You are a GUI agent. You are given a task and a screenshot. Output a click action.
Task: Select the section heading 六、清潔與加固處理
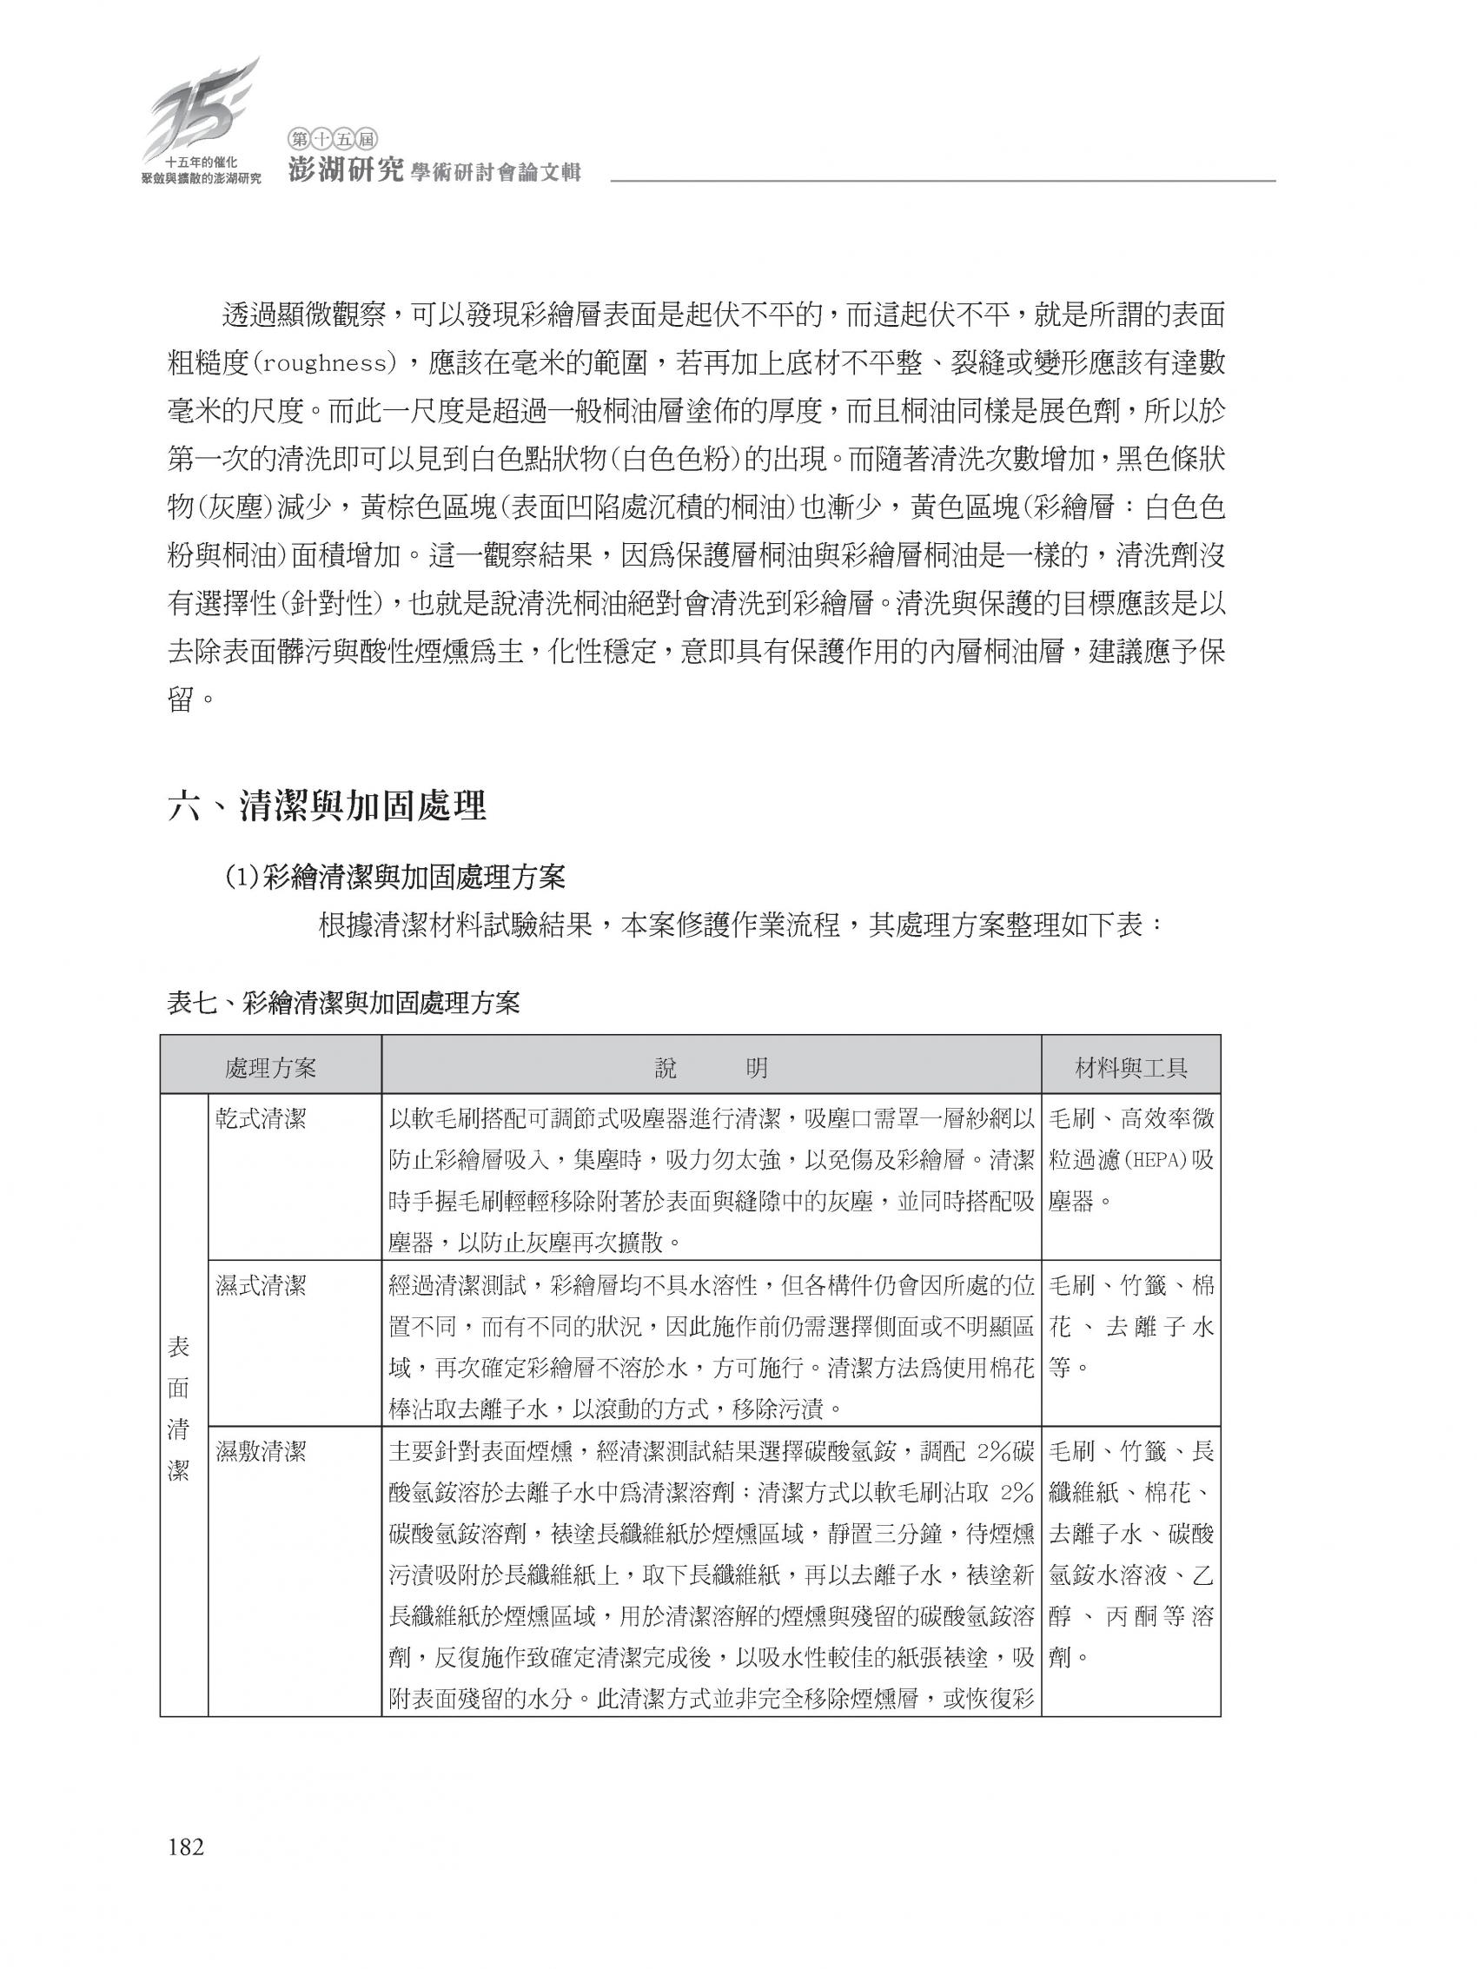pos(327,806)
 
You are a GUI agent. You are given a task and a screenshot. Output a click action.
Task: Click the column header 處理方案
pos(271,1068)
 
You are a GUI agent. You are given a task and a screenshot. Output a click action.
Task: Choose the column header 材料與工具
pos(1130,1068)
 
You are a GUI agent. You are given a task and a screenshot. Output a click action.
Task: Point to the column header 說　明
pos(711,1068)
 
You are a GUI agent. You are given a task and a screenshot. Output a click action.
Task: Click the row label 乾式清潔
pos(260,1120)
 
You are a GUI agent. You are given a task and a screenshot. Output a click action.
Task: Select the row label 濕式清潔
pos(260,1285)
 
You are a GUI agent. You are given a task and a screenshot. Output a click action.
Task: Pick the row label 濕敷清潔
pos(260,1452)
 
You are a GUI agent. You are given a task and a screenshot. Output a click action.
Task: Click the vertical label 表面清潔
pos(179,1409)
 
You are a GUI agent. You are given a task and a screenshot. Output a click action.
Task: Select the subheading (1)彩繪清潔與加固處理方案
pos(394,878)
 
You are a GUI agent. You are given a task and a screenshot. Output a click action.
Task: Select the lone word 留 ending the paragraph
pos(181,699)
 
